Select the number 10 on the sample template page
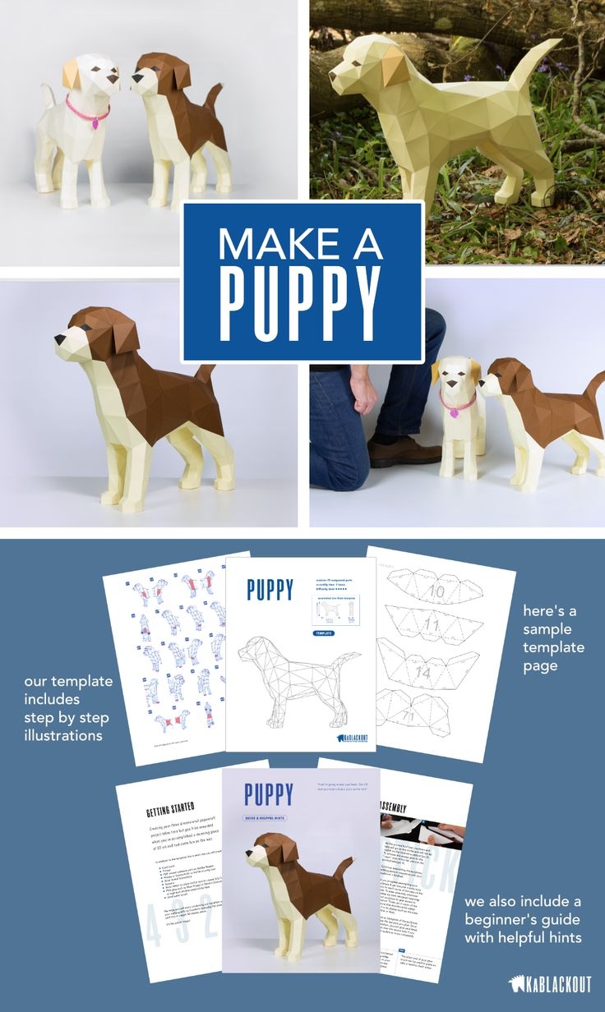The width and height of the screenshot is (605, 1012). (436, 591)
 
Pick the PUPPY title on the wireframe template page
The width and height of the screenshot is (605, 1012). (269, 590)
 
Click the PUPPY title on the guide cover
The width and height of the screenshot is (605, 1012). (268, 794)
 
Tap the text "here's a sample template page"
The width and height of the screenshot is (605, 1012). (552, 638)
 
